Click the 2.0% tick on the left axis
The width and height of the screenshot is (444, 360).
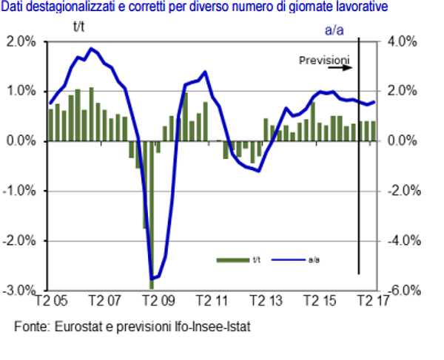tap(21, 42)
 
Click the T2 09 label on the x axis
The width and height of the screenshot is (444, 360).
tap(155, 302)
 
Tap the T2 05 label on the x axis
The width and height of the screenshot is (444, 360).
tap(52, 302)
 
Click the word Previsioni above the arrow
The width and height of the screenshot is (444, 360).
tap(323, 59)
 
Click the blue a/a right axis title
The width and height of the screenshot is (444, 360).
tap(337, 29)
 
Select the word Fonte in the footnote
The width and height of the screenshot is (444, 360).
tap(30, 325)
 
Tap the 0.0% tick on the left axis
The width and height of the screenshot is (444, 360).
tap(21, 141)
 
